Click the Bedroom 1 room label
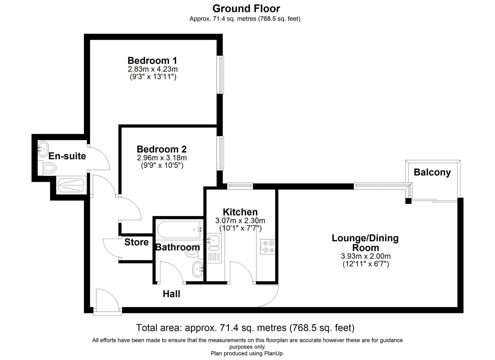[152, 61]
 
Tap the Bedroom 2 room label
[161, 149]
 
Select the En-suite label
[67, 156]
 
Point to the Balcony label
[432, 172]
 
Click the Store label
[136, 242]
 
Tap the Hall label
[171, 294]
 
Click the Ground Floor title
[246, 8]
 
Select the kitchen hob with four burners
[267, 247]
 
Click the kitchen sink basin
[213, 240]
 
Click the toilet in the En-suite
[48, 168]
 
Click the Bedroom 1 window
[220, 74]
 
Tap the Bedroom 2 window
[220, 153]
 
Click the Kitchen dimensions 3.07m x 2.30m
[240, 221]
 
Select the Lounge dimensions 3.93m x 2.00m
[365, 256]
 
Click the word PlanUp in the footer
[274, 353]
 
